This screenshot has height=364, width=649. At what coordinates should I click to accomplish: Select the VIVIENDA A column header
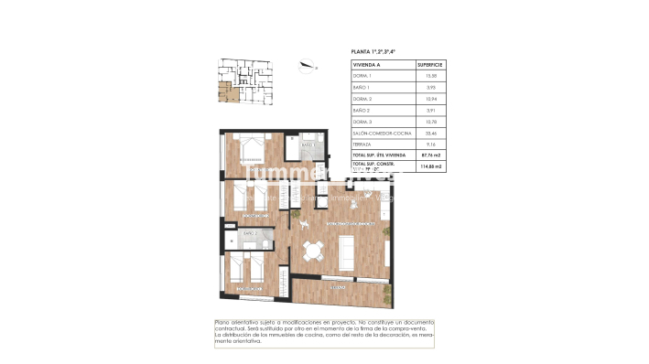368,65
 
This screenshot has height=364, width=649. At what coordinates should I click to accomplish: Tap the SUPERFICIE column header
430,65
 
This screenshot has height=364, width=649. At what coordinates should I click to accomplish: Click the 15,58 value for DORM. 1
429,76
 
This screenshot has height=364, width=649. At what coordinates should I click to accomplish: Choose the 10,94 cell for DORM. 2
429,99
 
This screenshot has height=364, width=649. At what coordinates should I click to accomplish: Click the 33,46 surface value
429,134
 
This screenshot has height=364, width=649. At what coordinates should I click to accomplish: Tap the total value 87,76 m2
430,156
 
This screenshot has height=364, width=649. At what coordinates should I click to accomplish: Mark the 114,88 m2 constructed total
430,167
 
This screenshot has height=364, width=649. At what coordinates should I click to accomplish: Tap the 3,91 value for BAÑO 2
429,111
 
